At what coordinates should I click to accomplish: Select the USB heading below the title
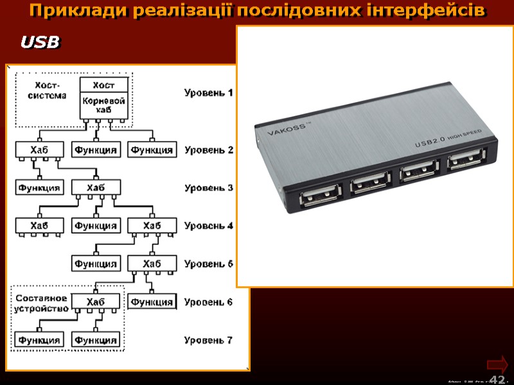click(40, 43)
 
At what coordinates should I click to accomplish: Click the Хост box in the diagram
click(104, 85)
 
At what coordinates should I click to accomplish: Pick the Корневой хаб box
click(104, 106)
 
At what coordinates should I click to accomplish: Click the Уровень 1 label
click(208, 92)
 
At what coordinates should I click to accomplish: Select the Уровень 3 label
click(208, 188)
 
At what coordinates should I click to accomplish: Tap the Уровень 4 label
click(208, 226)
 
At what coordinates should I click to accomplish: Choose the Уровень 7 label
click(208, 339)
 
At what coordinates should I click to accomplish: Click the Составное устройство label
click(41, 303)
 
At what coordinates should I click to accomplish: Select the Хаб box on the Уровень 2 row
click(39, 150)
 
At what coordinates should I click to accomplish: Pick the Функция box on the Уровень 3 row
click(39, 188)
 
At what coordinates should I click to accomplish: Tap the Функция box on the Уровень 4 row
click(95, 226)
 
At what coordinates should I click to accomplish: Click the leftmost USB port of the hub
click(321, 195)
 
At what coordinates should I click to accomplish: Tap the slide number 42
click(497, 379)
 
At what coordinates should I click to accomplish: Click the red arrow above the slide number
click(497, 363)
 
